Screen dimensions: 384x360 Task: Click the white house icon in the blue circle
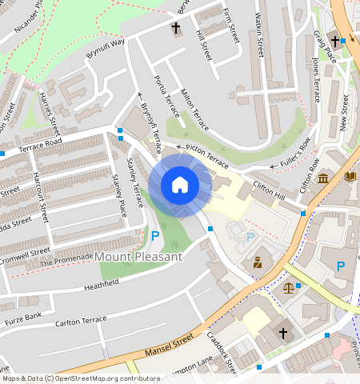coord(180,185)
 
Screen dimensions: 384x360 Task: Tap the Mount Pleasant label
coord(138,257)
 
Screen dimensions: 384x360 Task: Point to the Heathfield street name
coord(101,283)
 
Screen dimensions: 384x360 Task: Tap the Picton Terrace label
coord(206,154)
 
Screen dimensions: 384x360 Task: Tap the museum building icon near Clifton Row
coord(324,177)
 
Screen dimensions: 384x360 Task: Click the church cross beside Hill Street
coord(175,28)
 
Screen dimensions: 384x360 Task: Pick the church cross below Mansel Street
coord(282,332)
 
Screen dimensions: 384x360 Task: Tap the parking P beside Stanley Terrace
coord(155,236)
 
